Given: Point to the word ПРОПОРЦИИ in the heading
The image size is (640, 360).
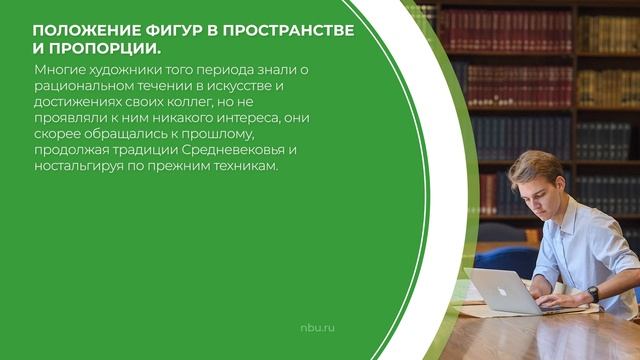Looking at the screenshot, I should point(106,49).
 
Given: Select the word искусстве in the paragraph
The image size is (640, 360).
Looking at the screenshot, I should point(236,87).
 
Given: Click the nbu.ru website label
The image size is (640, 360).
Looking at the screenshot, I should point(317,328).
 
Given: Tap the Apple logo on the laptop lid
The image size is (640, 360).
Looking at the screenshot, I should point(501,292).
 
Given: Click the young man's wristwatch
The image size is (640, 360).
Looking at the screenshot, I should point(593,294).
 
